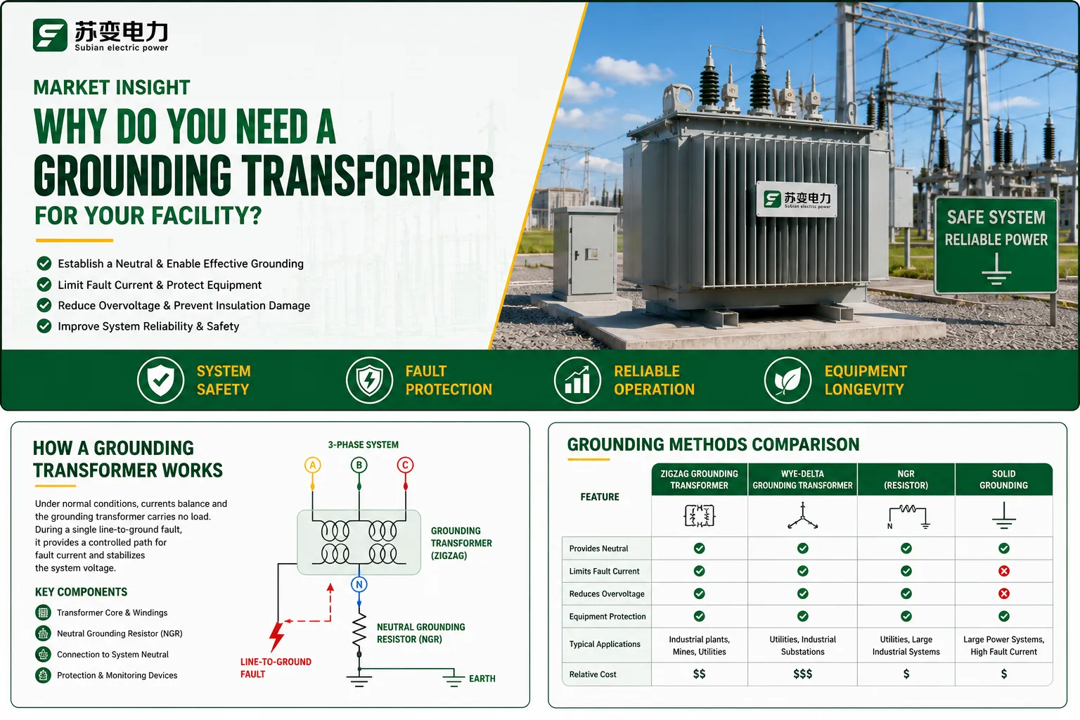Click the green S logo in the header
point(50,34)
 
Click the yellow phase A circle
point(312,465)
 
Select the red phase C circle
point(405,465)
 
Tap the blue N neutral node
point(359,584)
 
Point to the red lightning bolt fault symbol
point(277,636)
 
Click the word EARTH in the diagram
point(482,679)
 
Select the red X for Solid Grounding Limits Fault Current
point(1004,571)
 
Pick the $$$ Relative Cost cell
point(803,674)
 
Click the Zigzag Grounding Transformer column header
point(699,480)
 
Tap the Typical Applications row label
point(605,644)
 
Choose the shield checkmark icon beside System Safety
point(160,380)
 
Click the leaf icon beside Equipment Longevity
point(787,380)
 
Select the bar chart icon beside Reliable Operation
point(577,380)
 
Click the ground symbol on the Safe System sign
point(996,269)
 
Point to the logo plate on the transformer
point(797,199)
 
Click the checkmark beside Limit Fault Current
point(44,285)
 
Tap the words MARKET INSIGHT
point(112,87)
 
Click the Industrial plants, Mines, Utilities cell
point(699,645)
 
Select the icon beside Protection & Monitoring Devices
point(43,675)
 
